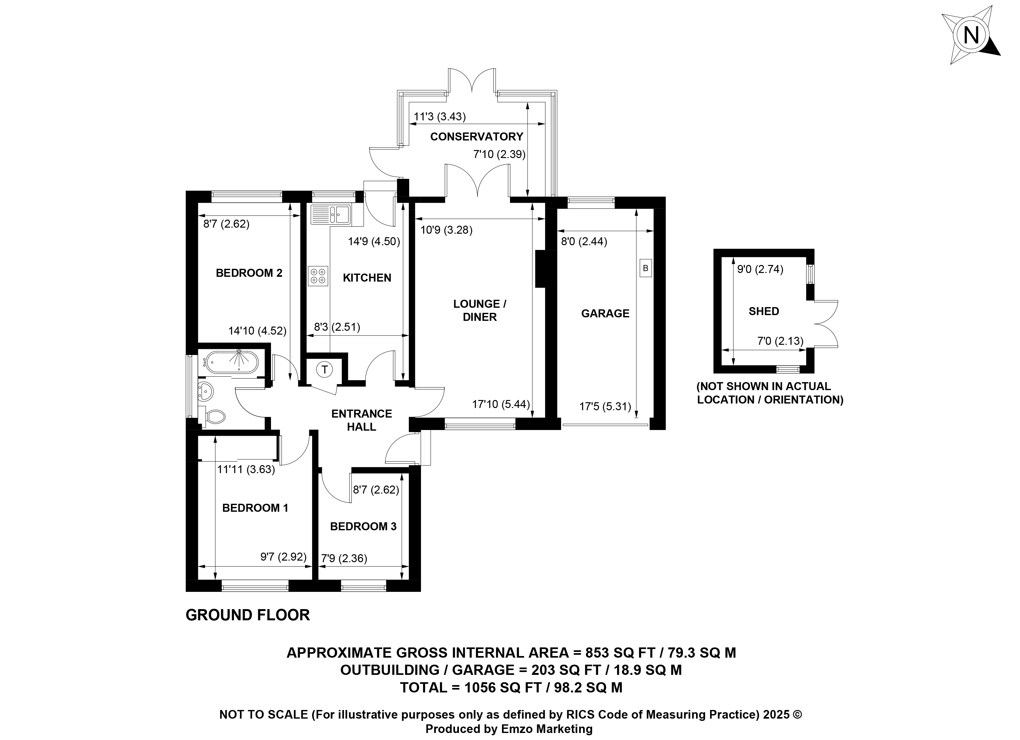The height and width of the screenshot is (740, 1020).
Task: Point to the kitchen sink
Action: coord(331,214)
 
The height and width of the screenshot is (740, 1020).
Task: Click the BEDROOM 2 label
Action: coord(249,273)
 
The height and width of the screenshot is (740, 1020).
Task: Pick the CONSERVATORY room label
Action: coord(477,137)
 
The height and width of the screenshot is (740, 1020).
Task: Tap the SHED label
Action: coord(764,311)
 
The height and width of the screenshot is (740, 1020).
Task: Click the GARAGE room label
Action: coord(605,313)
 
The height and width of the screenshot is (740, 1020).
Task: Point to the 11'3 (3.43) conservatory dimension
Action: coord(440,117)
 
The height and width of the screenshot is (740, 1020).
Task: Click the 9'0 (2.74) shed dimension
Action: coord(760,269)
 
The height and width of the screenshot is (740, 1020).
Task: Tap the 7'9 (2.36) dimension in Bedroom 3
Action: coord(344,559)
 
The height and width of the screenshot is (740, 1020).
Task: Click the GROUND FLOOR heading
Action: coord(248,615)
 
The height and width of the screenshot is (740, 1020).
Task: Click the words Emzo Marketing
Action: coord(547,729)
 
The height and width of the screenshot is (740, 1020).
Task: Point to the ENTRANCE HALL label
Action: coord(362,420)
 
